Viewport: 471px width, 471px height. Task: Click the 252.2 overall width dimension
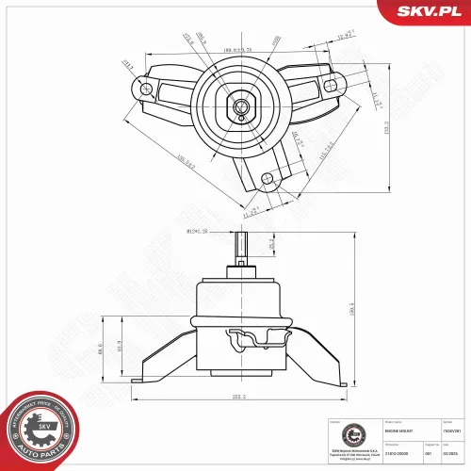pos(236,398)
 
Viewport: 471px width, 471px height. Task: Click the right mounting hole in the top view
pos(331,85)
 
